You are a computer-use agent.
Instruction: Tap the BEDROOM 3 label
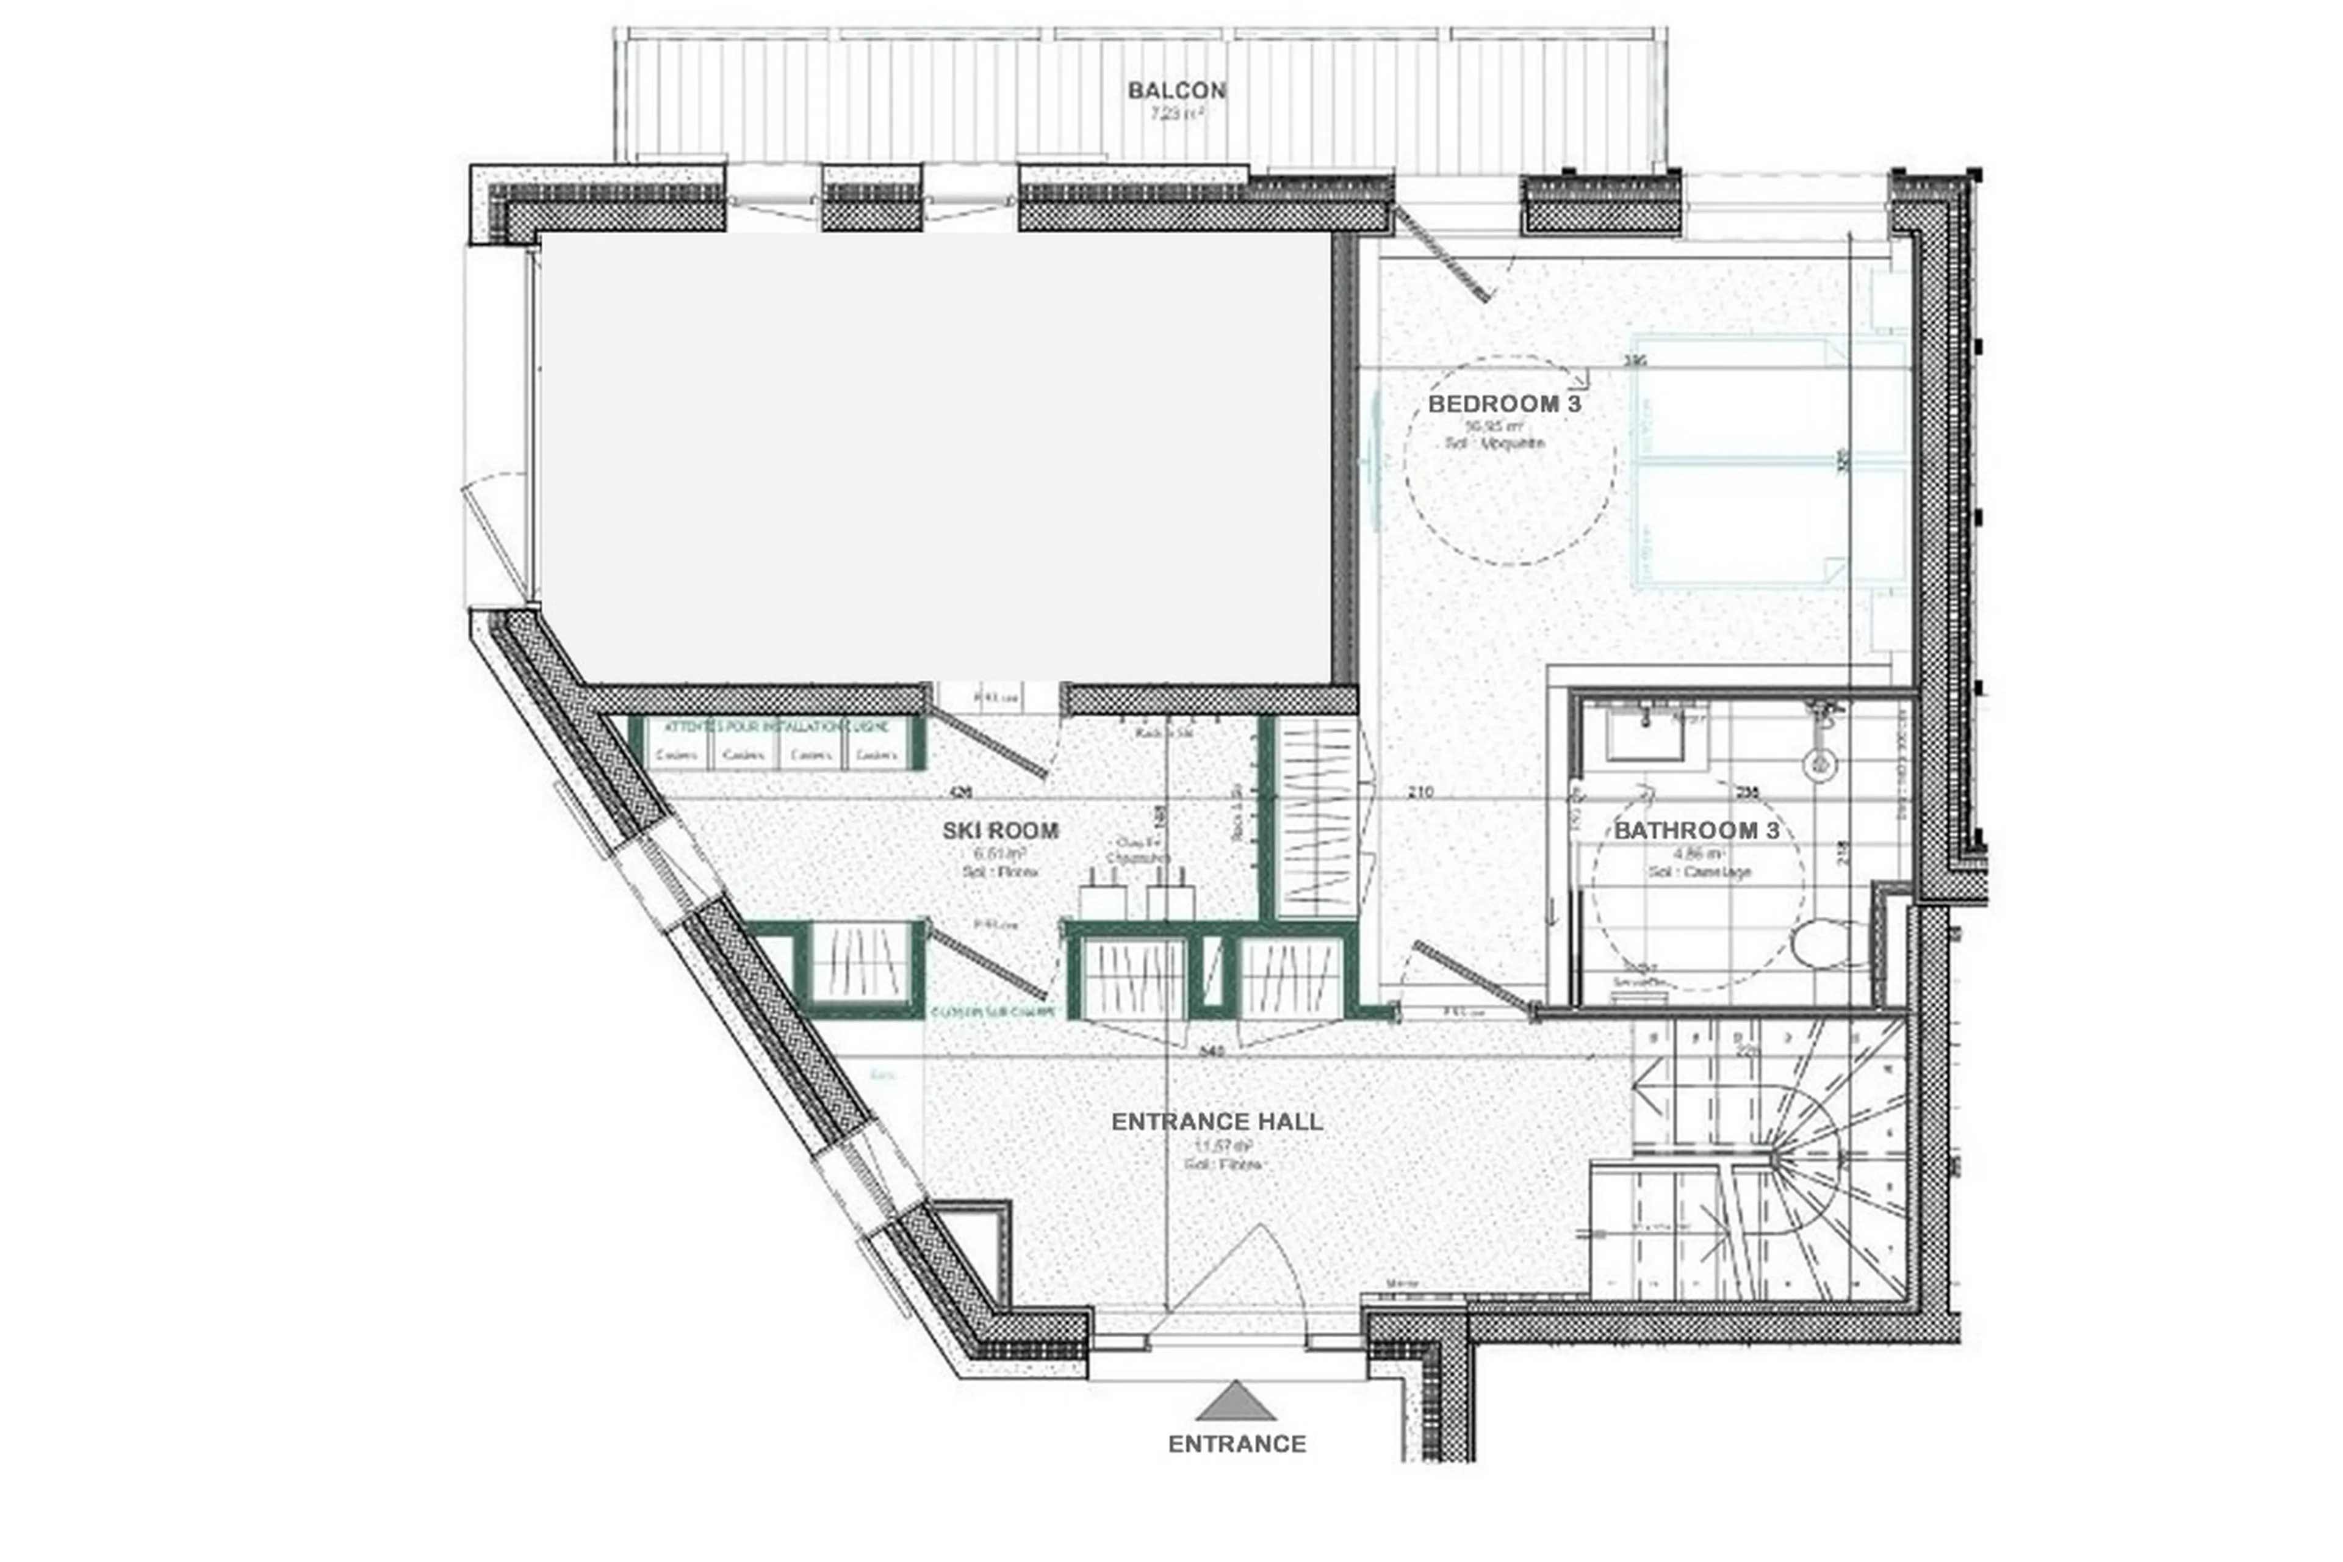coord(1503,403)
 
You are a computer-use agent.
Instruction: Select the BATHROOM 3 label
coord(1696,830)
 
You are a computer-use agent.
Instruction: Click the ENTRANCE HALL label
coord(1216,1121)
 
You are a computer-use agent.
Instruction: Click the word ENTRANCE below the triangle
coord(1236,1444)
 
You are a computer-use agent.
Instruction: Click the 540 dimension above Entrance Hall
coord(1212,1051)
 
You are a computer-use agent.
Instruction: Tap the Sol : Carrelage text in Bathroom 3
coord(1699,872)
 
